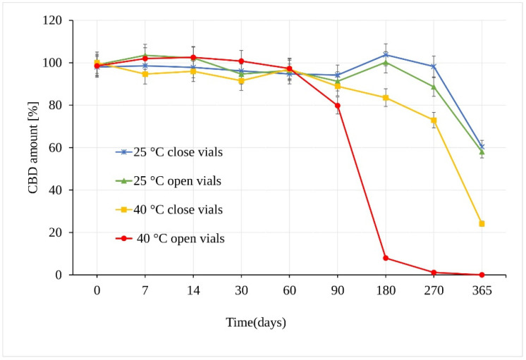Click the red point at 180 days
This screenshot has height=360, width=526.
386,258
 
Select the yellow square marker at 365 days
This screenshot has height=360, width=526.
482,223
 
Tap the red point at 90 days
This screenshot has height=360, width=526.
338,106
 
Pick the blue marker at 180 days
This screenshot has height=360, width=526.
386,54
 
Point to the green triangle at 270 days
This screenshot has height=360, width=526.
434,87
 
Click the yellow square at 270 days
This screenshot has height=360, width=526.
434,120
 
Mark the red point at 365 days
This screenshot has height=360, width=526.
482,275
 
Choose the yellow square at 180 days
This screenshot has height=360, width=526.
386,98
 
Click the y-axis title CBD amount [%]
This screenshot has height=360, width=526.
33,147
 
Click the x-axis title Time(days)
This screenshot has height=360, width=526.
256,323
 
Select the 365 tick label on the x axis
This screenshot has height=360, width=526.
482,290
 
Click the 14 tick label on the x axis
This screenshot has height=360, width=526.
193,290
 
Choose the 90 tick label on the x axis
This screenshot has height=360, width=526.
338,290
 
